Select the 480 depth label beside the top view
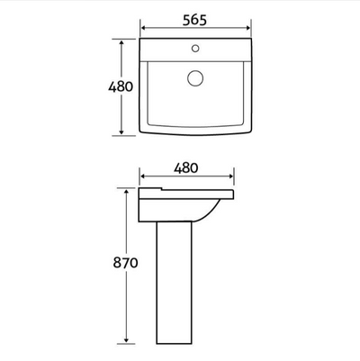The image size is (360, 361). pyautogui.click(x=120, y=86)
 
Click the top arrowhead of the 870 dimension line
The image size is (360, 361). pyautogui.click(x=126, y=192)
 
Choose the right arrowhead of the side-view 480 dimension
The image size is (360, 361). pyautogui.click(x=234, y=177)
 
